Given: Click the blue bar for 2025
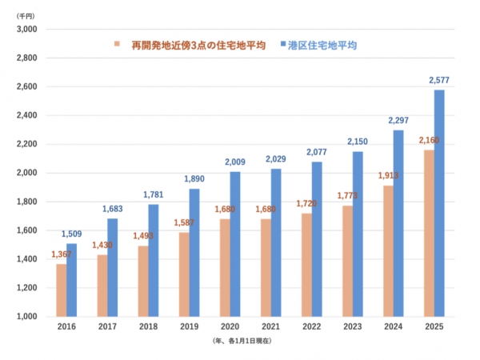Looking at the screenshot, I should coord(438,203).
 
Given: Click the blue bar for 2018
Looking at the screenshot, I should coord(154,260).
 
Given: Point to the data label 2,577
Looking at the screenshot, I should coord(439,81).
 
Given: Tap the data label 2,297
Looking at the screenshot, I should coord(398,121).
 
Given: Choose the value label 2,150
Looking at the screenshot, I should coord(356,142).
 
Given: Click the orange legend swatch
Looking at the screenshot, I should coord(117,44).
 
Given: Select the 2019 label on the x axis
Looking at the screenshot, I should coord(189,328).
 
